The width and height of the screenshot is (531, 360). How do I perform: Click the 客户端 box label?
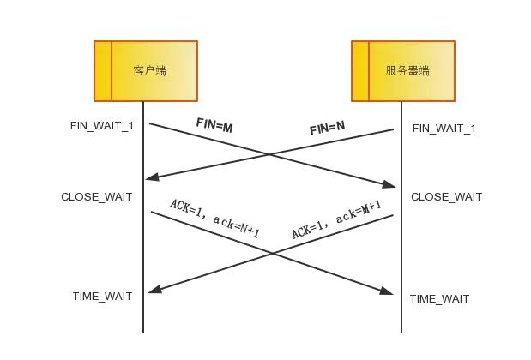tap(150, 71)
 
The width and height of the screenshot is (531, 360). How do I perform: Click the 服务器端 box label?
tap(407, 71)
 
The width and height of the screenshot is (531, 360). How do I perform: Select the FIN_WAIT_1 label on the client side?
tap(102, 126)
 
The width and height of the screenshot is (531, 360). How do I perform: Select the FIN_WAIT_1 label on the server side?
tap(444, 129)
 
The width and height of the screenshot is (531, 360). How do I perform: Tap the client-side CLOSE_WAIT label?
tap(96, 197)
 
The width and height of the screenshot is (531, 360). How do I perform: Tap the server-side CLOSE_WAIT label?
tap(446, 197)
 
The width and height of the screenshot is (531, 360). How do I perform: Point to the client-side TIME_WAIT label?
tap(102, 297)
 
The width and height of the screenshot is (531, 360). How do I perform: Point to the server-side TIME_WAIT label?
tap(439, 299)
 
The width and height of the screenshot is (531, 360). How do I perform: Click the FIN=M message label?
tap(214, 125)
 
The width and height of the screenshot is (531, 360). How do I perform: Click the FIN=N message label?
tap(327, 129)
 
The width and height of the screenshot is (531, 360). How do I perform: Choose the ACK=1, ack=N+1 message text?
tap(214, 219)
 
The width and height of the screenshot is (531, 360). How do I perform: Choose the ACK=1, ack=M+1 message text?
tap(336, 220)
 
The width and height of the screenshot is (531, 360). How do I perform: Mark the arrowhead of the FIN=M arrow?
tap(390, 184)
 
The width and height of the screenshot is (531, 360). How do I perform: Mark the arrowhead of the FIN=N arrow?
tap(151, 177)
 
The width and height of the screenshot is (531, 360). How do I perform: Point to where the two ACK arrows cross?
tap(273, 253)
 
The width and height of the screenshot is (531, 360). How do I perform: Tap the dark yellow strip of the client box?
tap(103, 71)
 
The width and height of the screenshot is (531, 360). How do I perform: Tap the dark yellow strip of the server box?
tap(360, 71)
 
